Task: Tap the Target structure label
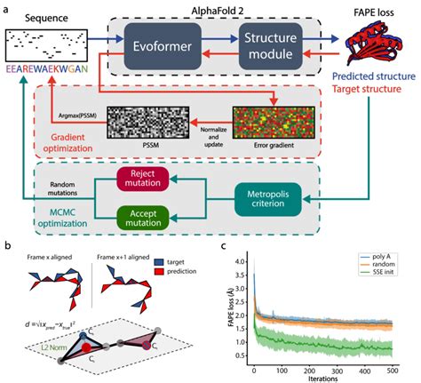point(367,102)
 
